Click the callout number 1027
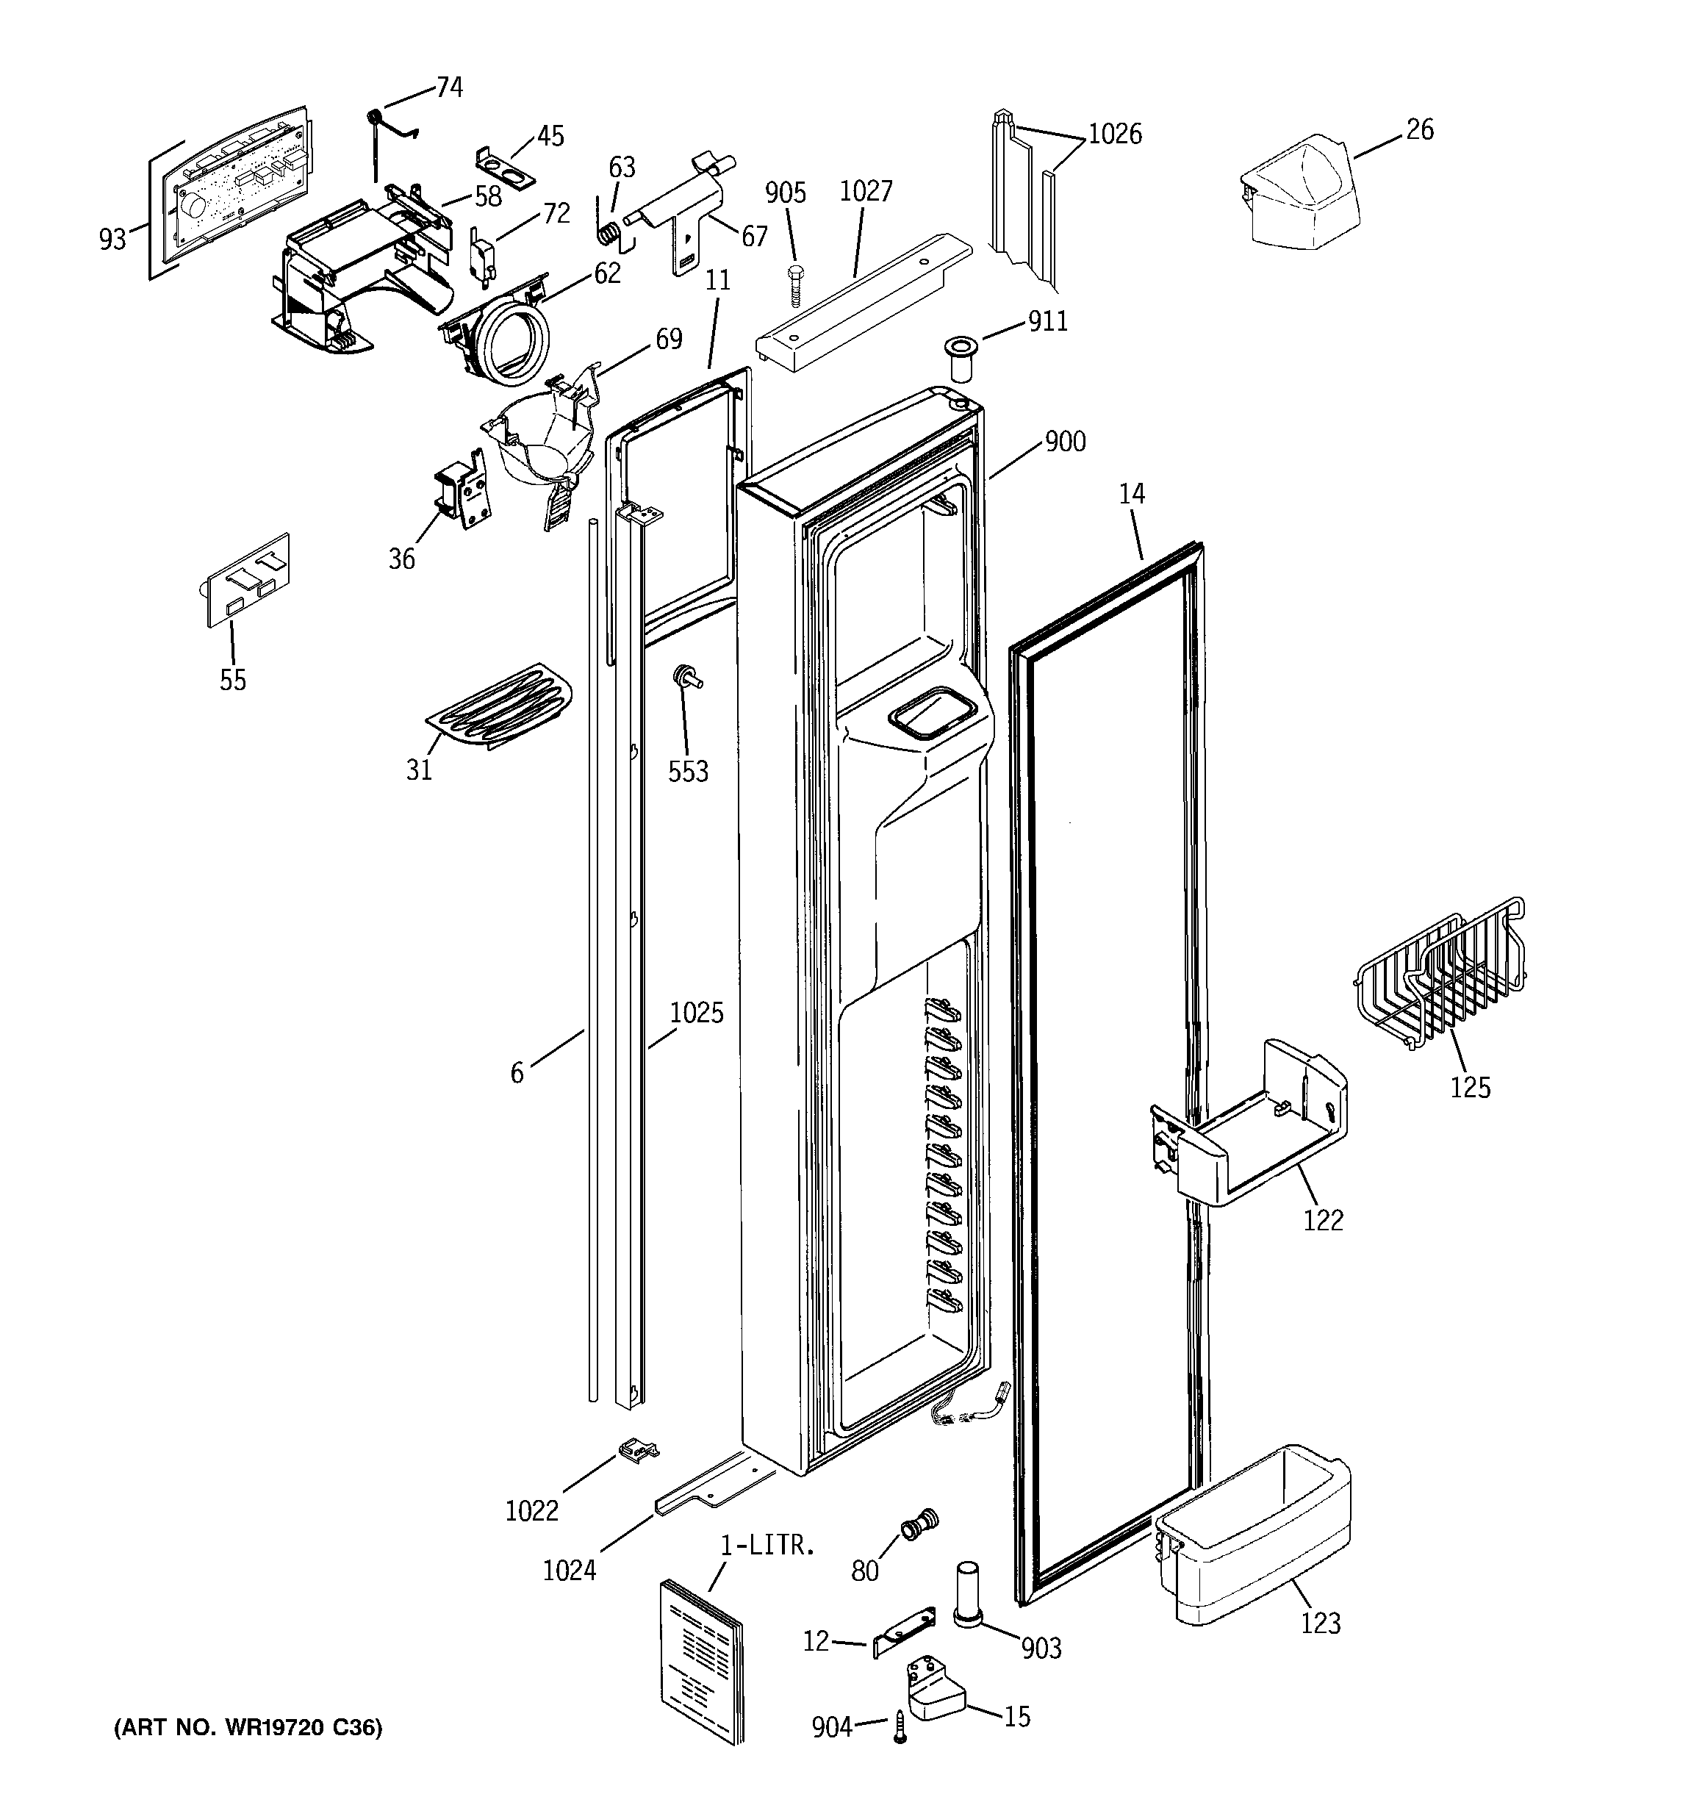tap(865, 191)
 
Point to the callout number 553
tap(687, 772)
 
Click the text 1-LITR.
tap(767, 1546)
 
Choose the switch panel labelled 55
tap(244, 579)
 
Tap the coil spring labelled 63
tap(608, 235)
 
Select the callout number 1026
tap(1115, 134)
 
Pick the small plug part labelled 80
tap(919, 1524)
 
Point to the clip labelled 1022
tap(638, 1448)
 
